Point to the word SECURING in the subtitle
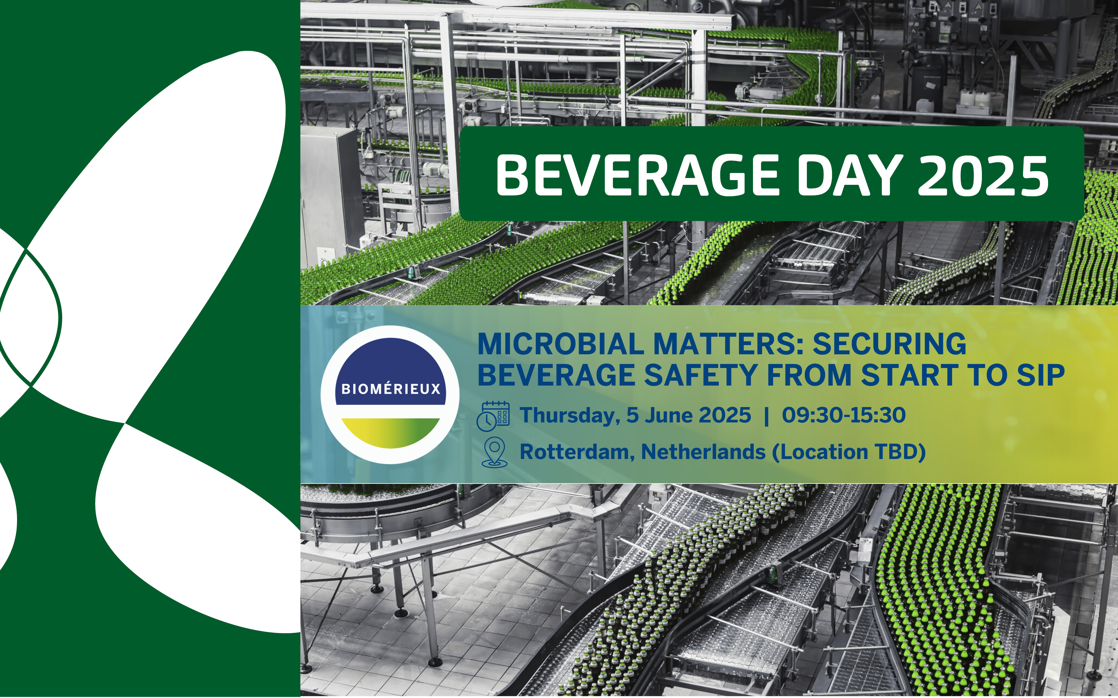pos(889,344)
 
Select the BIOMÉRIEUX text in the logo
pos(391,389)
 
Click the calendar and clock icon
pos(493,416)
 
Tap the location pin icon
pos(494,452)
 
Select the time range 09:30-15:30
pos(844,415)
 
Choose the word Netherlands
pos(703,452)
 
